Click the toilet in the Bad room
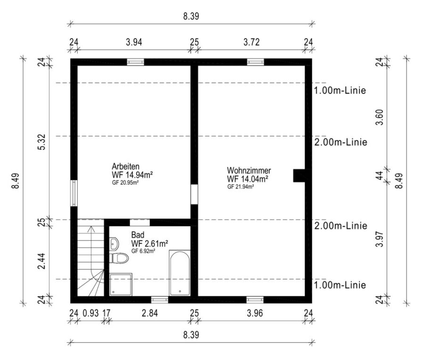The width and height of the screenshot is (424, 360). pos(119,258)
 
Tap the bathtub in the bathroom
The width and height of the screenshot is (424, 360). pos(179,273)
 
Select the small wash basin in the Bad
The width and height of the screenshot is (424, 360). pos(114,244)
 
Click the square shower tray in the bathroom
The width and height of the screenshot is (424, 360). pos(121,284)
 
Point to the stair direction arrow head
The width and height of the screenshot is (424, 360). pos(91,229)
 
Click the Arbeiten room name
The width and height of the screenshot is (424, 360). pos(126,166)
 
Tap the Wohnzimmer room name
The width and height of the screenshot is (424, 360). pos(249,171)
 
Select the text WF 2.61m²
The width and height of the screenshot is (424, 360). pos(149,244)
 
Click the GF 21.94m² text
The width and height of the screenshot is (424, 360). pos(240,187)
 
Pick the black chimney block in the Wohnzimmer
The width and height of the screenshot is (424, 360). pos(299,176)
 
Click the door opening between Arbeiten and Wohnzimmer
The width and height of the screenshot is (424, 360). pos(194,195)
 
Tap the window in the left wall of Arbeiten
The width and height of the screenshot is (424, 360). pos(74,193)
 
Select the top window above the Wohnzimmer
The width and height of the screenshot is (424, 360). pos(255,62)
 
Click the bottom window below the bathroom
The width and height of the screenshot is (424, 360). pos(160,300)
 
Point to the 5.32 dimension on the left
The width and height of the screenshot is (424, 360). pos(42,142)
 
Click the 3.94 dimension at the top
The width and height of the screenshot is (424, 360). pos(134,42)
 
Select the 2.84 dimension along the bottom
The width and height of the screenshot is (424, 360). pos(150,313)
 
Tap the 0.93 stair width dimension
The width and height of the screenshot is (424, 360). pos(90,313)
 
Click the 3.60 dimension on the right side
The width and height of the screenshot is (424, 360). pos(380,117)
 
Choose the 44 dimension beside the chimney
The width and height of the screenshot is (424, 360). pos(380,176)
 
